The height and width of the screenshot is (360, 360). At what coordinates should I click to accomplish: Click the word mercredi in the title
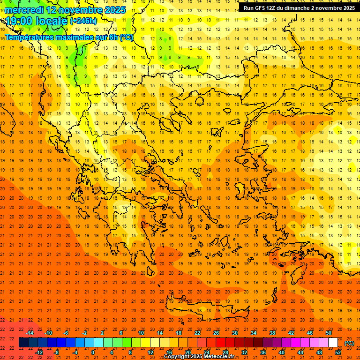coord(25,10)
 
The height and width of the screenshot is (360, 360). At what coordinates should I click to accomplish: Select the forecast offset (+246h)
coord(83,21)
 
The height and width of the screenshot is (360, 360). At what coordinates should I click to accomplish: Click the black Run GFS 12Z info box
coord(299,8)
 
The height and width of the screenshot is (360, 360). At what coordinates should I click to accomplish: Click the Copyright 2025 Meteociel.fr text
coord(199,357)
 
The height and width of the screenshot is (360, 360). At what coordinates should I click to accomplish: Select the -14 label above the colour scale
coord(30,333)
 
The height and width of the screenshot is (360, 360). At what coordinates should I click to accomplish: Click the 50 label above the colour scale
coord(329,333)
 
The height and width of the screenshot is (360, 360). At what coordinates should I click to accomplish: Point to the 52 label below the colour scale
coord(338,352)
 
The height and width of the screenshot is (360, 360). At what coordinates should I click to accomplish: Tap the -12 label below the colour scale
coord(39,352)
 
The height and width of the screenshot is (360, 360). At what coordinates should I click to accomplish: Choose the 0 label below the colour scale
coord(93,352)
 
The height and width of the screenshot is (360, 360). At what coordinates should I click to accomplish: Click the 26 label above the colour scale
coord(216,333)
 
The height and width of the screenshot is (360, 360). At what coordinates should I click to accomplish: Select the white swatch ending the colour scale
coord(333,343)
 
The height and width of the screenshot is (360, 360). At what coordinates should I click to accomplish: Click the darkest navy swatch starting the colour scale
coord(23,343)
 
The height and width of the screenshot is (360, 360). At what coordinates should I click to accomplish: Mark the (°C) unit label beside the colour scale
coord(349,343)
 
